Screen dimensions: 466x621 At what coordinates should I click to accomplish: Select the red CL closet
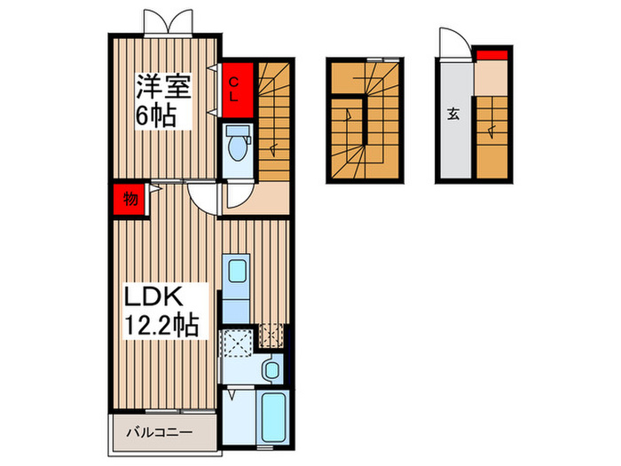coord(234,90)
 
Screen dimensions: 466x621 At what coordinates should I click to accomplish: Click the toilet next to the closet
coord(238,142)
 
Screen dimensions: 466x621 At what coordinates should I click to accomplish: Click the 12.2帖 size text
coord(161,325)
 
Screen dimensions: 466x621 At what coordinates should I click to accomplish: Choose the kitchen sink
coord(236,270)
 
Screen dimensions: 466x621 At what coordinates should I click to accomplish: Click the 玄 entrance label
coord(452,113)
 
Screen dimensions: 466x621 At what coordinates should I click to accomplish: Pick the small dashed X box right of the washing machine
coord(271,336)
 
